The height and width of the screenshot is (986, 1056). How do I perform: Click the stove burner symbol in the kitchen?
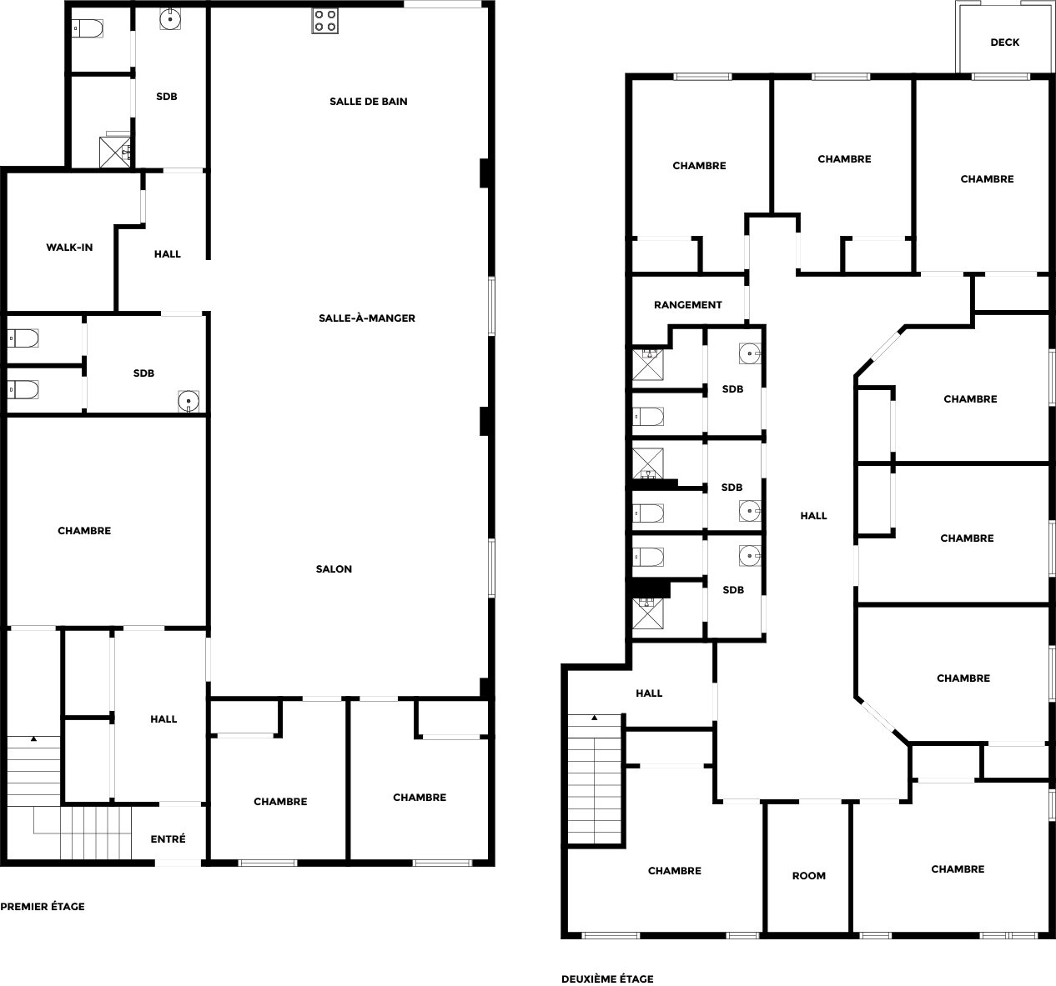pyautogui.click(x=324, y=21)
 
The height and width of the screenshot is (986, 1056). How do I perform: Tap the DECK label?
pyautogui.click(x=1004, y=43)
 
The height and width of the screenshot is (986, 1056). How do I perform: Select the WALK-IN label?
pyautogui.click(x=69, y=248)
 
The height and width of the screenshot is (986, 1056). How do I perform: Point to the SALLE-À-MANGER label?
pyautogui.click(x=367, y=318)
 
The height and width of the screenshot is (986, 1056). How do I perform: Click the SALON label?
pyautogui.click(x=334, y=568)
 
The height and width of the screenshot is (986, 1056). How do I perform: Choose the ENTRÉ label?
pyautogui.click(x=168, y=838)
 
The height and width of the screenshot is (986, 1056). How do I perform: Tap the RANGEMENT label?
pyautogui.click(x=687, y=304)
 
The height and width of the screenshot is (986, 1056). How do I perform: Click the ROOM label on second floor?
pyautogui.click(x=809, y=875)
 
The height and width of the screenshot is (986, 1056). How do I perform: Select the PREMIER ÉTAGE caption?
pyautogui.click(x=43, y=906)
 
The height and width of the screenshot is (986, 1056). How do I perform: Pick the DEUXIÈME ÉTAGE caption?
pyautogui.click(x=607, y=978)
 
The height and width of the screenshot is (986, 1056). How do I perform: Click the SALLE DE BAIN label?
pyautogui.click(x=369, y=102)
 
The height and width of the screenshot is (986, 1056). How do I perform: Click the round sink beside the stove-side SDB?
pyautogui.click(x=170, y=20)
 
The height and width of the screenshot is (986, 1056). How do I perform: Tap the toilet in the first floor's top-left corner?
pyautogui.click(x=88, y=28)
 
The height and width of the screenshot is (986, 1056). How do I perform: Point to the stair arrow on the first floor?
pyautogui.click(x=33, y=738)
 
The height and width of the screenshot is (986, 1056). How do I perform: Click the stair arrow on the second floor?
pyautogui.click(x=595, y=718)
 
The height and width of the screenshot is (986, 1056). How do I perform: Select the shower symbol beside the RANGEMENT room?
pyautogui.click(x=647, y=364)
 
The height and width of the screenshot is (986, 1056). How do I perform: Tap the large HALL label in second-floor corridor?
pyautogui.click(x=813, y=516)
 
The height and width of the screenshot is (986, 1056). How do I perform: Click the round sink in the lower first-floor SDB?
pyautogui.click(x=189, y=401)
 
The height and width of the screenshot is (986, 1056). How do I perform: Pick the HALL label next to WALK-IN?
pyautogui.click(x=168, y=254)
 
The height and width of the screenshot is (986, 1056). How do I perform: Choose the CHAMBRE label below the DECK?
pyautogui.click(x=987, y=179)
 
